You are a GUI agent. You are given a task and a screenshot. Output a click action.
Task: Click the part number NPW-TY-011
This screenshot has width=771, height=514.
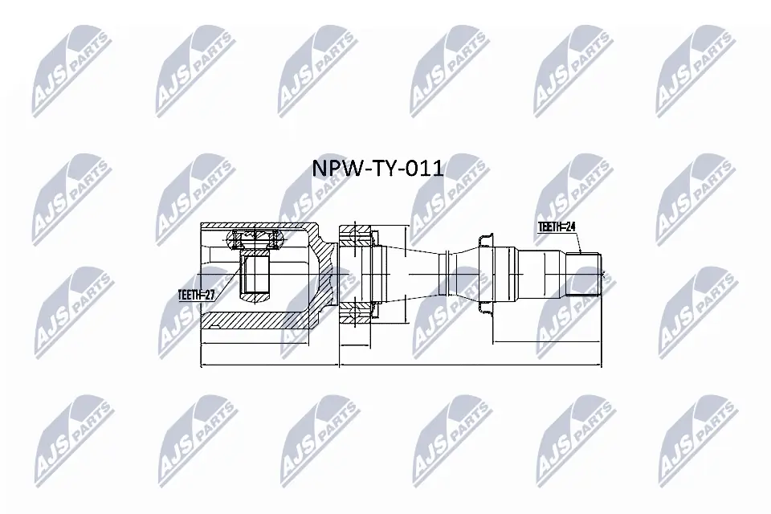tap(377, 169)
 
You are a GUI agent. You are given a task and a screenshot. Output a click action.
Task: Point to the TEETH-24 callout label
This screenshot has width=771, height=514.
tap(557, 227)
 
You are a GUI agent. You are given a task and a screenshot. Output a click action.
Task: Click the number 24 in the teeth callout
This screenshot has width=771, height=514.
tap(570, 227)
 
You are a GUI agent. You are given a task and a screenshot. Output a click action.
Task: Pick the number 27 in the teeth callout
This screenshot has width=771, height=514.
tap(210, 295)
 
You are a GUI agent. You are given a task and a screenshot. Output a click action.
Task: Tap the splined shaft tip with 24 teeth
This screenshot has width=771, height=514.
tap(585, 275)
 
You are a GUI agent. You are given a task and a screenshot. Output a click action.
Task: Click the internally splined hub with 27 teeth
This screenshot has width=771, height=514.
tap(255, 273)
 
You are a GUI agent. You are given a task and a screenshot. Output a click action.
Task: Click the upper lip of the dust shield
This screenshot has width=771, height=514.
tap(484, 239)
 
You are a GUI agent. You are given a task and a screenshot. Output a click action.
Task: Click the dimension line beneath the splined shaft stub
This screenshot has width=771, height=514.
tap(546, 343)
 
